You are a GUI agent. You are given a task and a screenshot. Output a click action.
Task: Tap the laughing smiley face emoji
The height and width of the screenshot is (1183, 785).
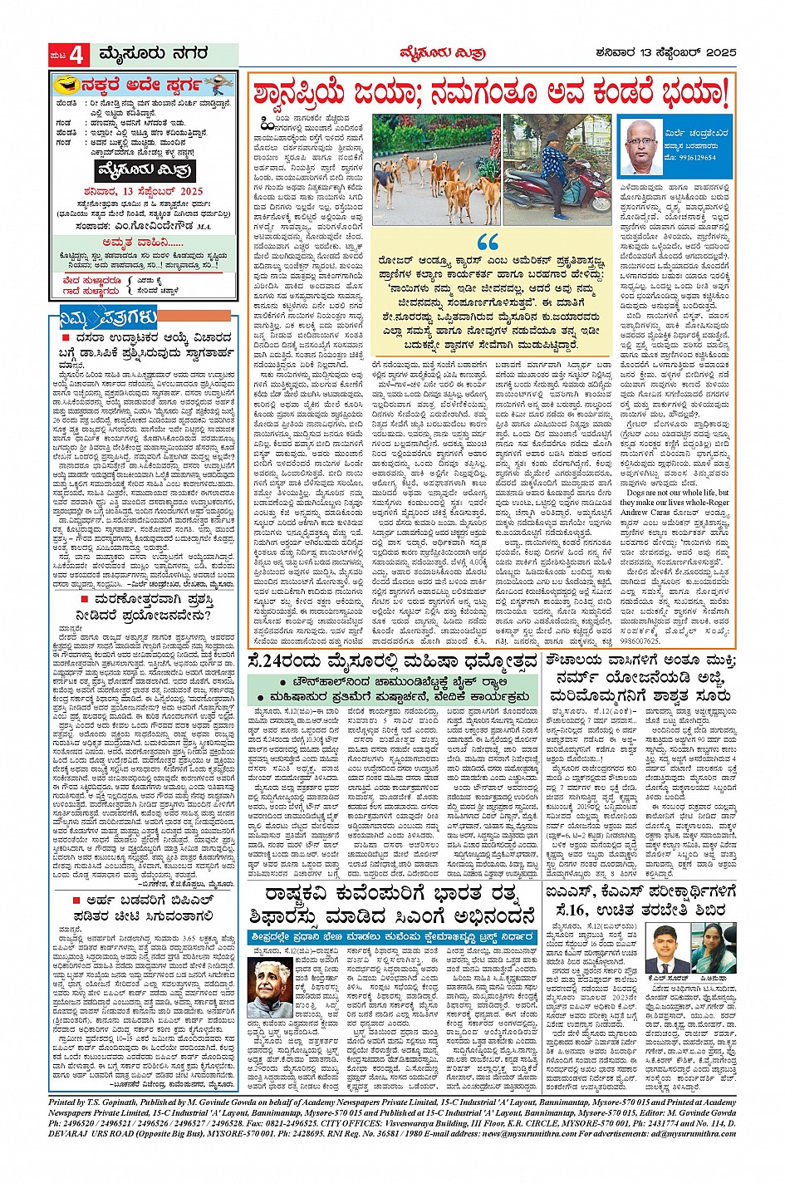pos(65,85)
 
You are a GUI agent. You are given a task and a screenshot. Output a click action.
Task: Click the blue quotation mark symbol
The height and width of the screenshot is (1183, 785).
pos(488,243)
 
